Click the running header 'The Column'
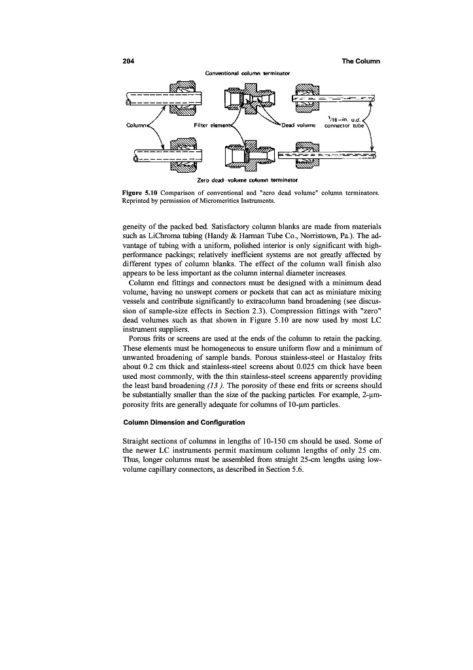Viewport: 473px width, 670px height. [x=361, y=62]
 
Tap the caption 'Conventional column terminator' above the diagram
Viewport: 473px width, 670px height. [x=248, y=72]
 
